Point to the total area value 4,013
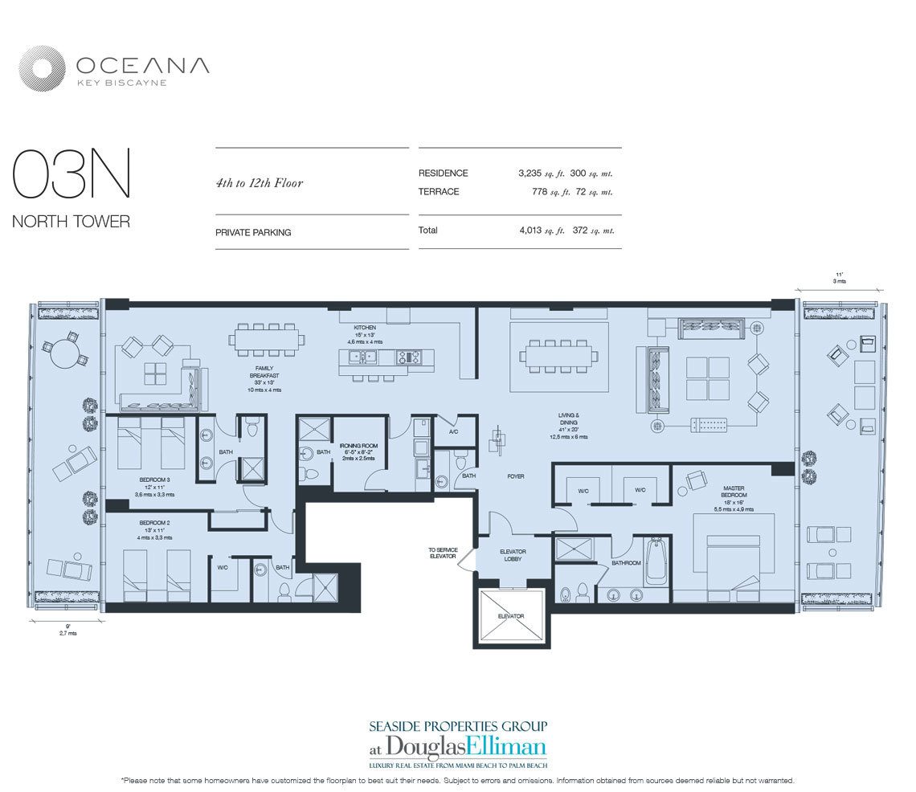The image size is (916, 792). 536,231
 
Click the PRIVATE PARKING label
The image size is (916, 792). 253,233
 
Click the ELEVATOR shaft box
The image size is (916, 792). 511,615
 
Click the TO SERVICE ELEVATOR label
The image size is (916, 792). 442,553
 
